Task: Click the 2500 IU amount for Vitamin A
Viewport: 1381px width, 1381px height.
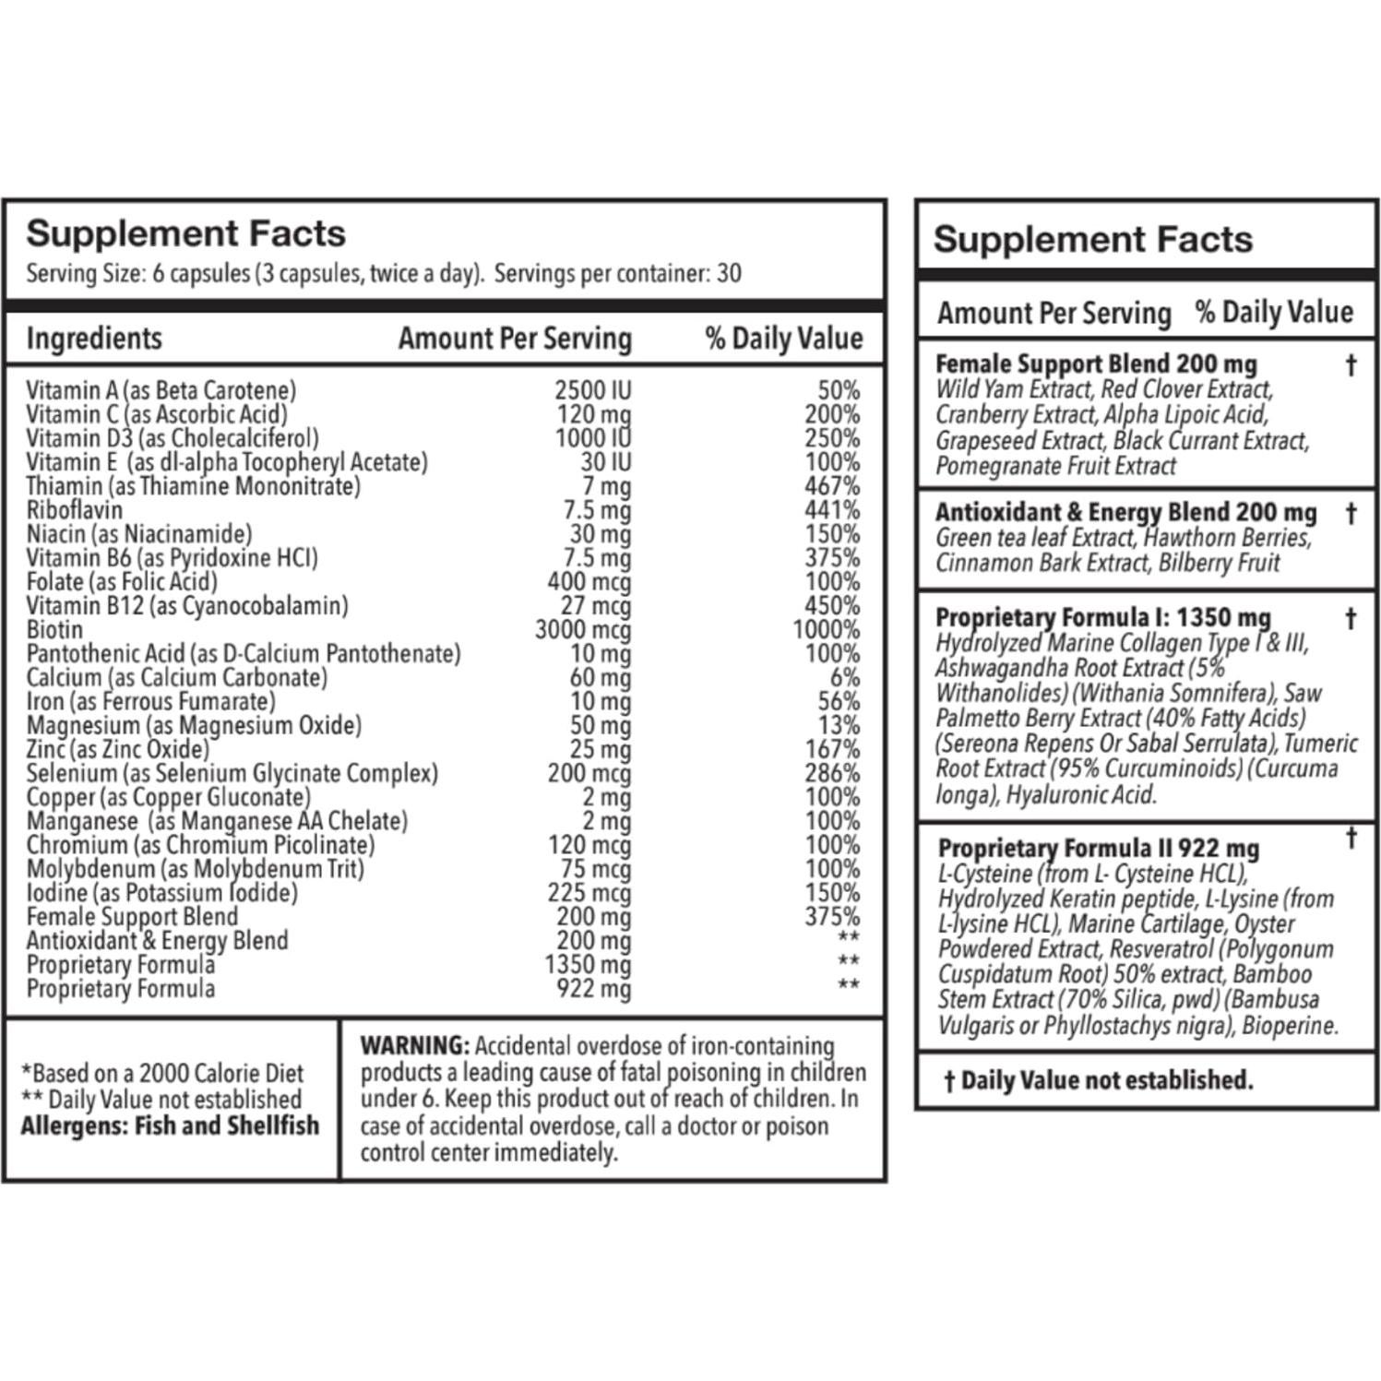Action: (x=592, y=390)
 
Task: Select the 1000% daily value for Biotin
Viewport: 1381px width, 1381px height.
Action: (x=826, y=630)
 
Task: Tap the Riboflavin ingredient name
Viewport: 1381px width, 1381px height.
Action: (x=74, y=510)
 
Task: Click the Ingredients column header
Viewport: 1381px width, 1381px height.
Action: (x=94, y=339)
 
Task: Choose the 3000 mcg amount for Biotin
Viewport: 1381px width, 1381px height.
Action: (x=583, y=630)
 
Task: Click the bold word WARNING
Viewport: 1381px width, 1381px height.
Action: (x=414, y=1046)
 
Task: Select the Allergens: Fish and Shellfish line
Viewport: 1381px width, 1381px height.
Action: (x=170, y=1125)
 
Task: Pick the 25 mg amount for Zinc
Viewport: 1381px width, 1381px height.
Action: (x=600, y=749)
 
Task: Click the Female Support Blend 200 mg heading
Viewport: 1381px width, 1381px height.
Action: (x=1096, y=364)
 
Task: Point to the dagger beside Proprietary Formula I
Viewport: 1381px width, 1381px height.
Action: (x=1351, y=618)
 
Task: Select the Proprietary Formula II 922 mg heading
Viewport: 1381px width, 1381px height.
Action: (x=1098, y=848)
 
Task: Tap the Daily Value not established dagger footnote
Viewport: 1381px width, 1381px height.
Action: (x=1098, y=1080)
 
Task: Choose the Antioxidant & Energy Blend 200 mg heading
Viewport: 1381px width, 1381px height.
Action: (x=1125, y=512)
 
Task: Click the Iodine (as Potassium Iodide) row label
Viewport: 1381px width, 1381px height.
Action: (x=162, y=893)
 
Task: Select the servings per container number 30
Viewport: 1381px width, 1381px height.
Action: (x=729, y=273)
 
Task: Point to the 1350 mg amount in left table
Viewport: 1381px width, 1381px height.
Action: (x=588, y=965)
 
